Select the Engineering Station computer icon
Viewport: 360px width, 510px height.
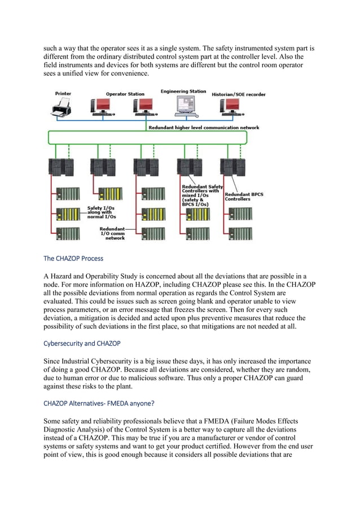[185, 105]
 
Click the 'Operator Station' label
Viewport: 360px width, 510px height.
[125, 94]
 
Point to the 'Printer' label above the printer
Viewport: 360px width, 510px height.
[63, 93]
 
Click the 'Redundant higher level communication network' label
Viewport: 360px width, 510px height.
[204, 128]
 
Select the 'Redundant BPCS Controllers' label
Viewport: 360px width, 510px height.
[244, 197]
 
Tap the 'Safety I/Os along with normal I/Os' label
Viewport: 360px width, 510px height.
[102, 211]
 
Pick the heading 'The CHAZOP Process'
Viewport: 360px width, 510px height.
[73, 259]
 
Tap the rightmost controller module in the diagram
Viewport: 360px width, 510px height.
[233, 168]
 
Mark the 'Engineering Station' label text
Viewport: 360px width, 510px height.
[183, 91]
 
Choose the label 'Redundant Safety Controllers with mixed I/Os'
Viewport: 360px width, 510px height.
[201, 195]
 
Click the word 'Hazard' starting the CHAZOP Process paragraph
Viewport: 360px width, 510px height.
[63, 276]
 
